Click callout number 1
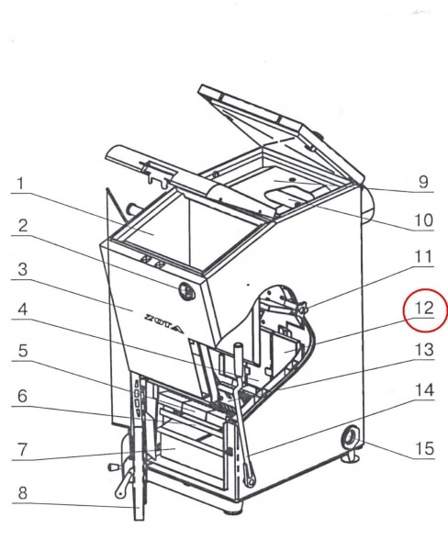[21, 184]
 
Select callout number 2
[22, 226]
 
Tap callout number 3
[22, 269]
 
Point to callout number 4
[22, 309]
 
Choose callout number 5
[23, 351]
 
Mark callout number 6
[22, 396]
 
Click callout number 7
[22, 449]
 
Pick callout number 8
[22, 492]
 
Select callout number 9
[424, 182]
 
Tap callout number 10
[424, 220]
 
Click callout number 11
[423, 257]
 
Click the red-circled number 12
[424, 308]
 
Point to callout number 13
[424, 350]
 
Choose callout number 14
[424, 390]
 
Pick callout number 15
[424, 448]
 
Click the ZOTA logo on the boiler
[164, 323]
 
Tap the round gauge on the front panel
[186, 290]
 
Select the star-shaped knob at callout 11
[301, 309]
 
